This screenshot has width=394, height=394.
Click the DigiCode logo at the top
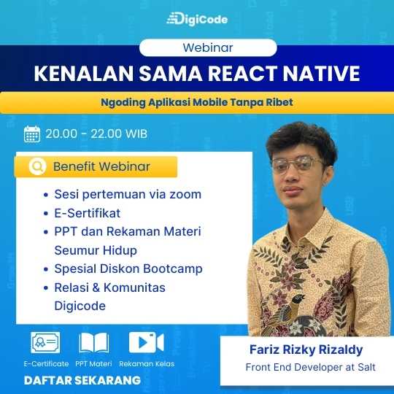(x=197, y=19)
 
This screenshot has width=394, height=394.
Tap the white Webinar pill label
(x=208, y=47)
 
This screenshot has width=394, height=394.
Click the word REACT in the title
(x=242, y=74)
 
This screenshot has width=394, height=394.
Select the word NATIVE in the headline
(x=321, y=74)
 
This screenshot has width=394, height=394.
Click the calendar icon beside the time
(x=32, y=134)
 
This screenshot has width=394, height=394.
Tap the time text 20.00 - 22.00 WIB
(x=96, y=134)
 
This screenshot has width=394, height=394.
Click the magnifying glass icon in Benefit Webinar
(x=38, y=166)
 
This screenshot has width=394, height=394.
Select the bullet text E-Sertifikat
(x=88, y=213)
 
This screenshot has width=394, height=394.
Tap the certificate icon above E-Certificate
(x=45, y=342)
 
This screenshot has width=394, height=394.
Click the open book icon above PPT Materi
(x=94, y=343)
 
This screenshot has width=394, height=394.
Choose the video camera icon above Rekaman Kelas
(x=146, y=342)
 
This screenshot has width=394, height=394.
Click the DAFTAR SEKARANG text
(x=82, y=380)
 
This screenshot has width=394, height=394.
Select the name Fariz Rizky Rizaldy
(x=306, y=349)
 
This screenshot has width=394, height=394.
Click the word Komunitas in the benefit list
(x=134, y=287)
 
